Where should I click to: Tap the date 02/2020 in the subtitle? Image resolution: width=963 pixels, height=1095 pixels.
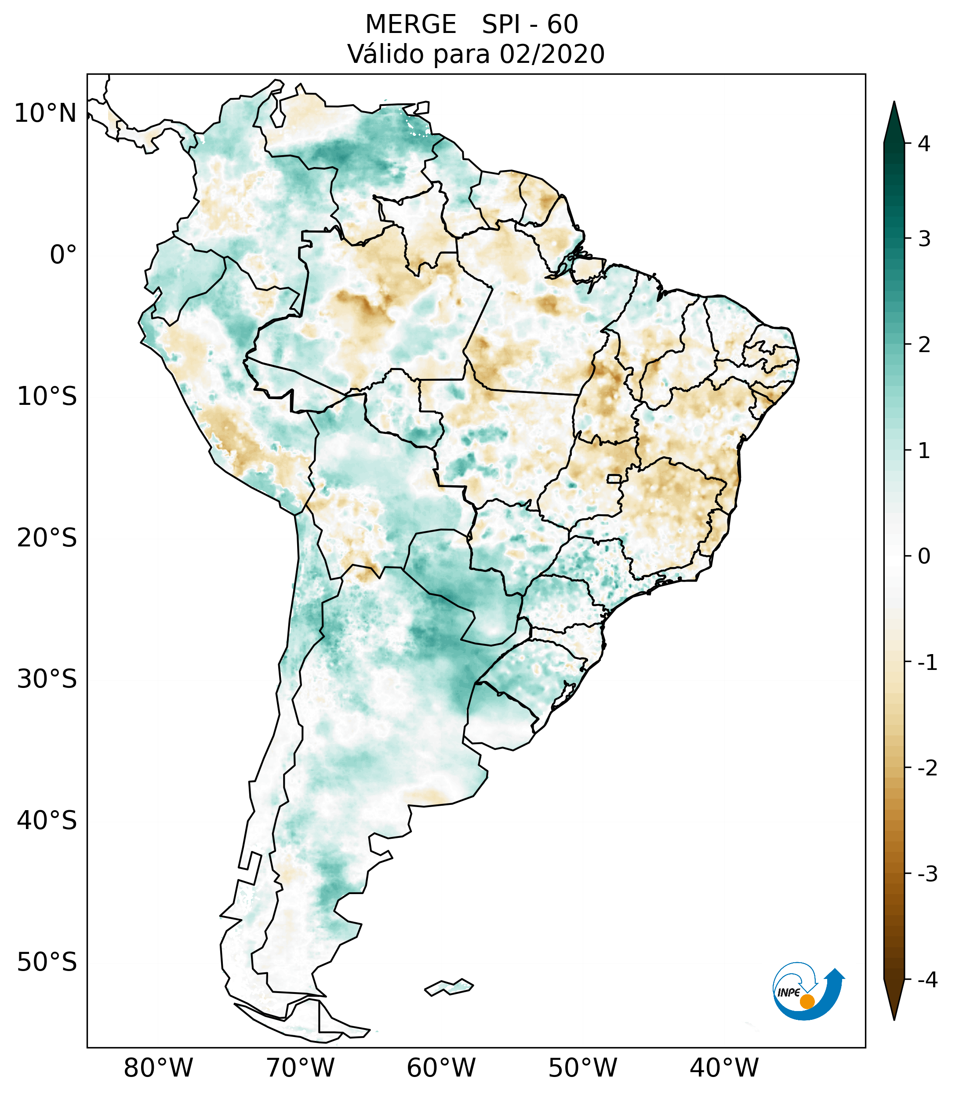552,54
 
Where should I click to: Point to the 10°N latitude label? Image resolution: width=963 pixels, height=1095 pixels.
45,113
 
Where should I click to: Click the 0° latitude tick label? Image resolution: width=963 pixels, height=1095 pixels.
63,255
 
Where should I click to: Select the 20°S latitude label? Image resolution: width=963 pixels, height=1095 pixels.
47,538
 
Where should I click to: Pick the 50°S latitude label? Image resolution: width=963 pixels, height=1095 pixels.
47,963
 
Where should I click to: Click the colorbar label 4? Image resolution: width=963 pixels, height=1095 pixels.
924,144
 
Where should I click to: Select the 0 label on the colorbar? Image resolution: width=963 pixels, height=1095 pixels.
924,557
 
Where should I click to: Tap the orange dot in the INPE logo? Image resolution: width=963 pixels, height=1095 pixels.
807,1001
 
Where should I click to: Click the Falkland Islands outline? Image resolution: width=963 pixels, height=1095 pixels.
449,987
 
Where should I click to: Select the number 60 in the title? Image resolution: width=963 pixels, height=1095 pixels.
563,25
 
